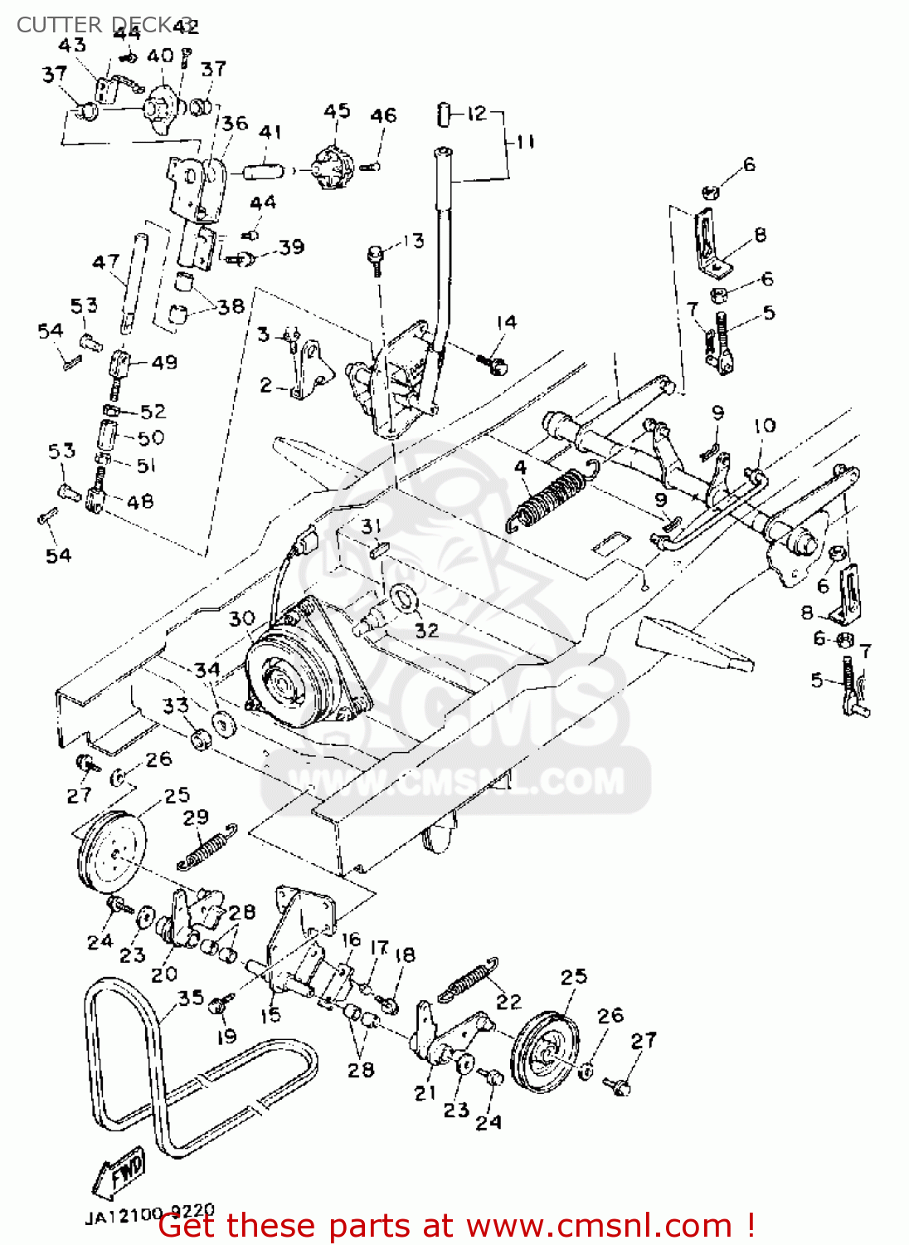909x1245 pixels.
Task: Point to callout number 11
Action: tap(525, 142)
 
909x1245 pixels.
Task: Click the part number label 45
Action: tap(337, 111)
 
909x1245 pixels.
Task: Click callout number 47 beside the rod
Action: tap(105, 262)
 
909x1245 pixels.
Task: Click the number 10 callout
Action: tap(764, 426)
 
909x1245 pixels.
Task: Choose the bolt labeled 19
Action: tap(220, 1006)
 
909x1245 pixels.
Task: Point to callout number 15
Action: tap(271, 1014)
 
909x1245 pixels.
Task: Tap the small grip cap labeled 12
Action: tap(445, 114)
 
